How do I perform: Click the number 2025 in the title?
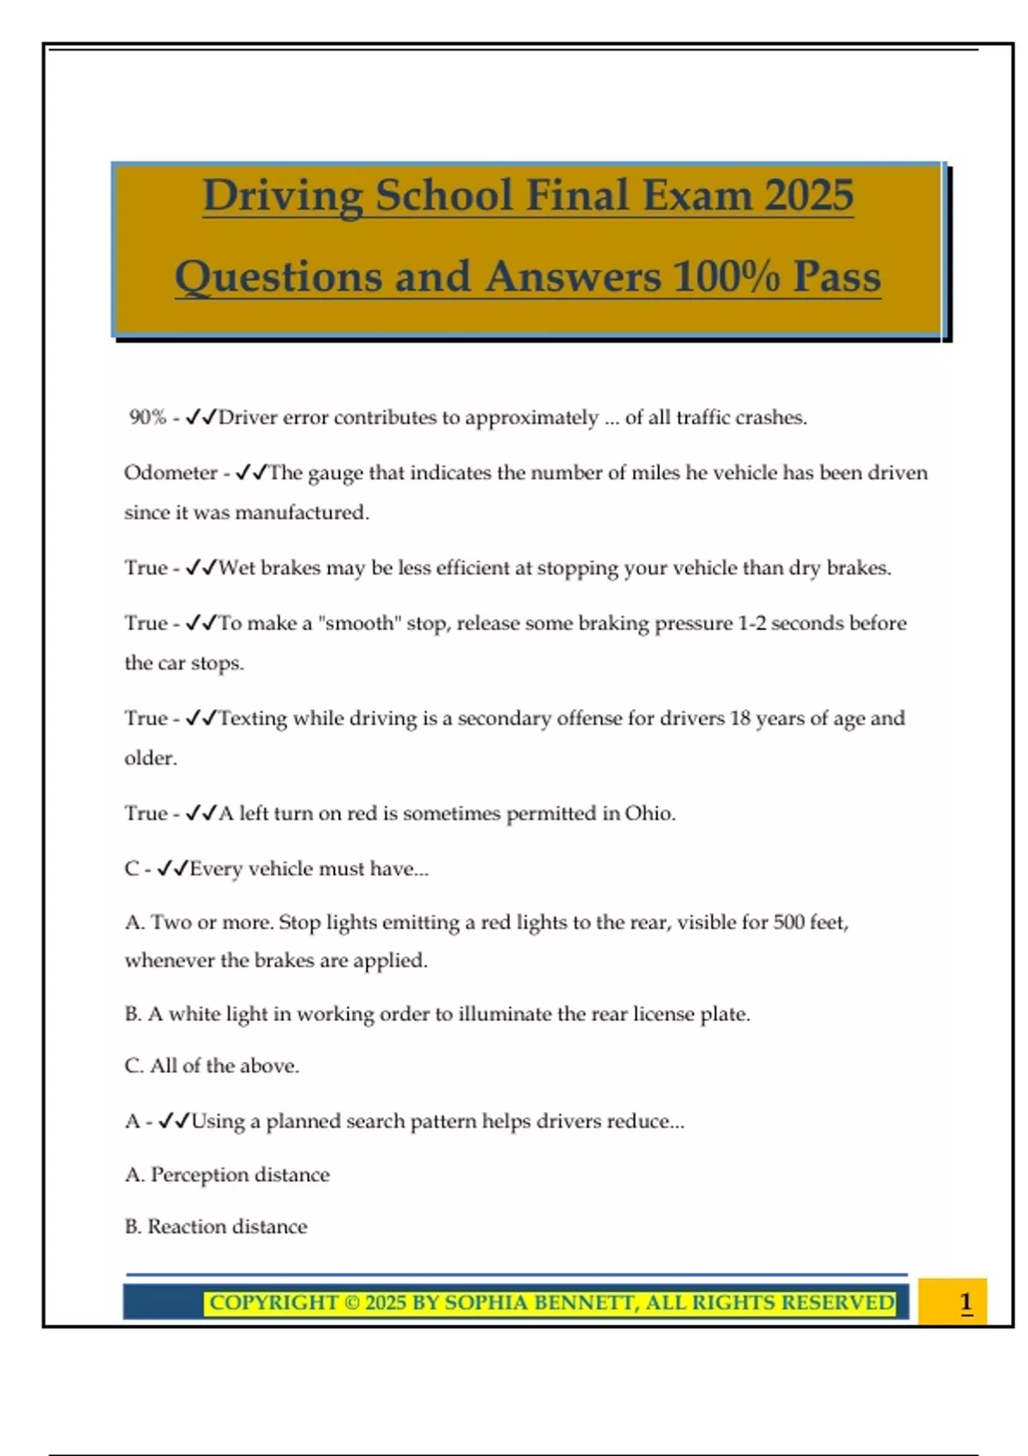809,195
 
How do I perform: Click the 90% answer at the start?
147,417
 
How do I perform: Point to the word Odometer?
170,473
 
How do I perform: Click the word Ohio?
648,813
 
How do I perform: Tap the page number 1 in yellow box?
965,1303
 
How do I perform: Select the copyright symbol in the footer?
351,1303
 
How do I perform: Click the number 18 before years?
740,718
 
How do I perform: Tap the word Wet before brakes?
236,568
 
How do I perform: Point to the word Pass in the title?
837,277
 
